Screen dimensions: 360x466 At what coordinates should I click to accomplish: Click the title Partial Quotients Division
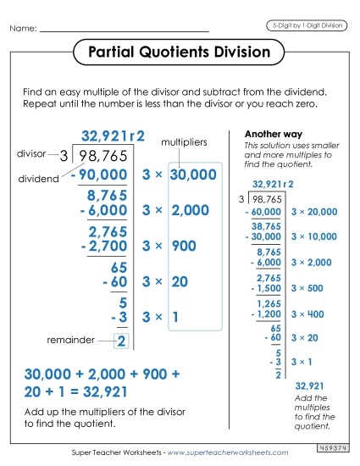click(180, 53)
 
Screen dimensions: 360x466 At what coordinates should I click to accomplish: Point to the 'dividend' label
click(35, 179)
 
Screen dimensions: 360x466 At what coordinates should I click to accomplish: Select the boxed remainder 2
click(121, 341)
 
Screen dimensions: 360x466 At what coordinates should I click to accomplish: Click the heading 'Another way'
click(269, 135)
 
